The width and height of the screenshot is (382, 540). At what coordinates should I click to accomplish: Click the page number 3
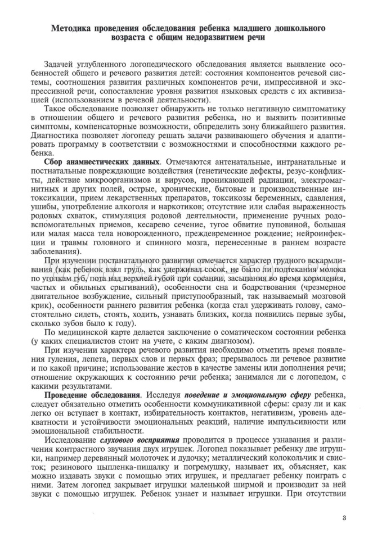click(x=343, y=517)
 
